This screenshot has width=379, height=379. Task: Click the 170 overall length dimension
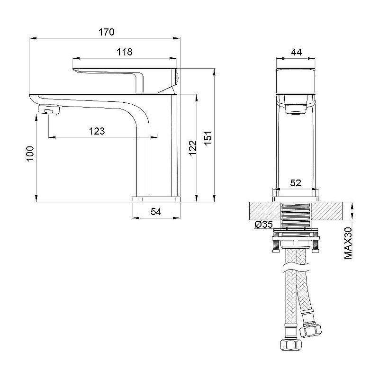click(107, 32)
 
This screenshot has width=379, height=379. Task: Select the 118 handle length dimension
click(124, 52)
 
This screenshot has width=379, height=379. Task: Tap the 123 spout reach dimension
click(97, 131)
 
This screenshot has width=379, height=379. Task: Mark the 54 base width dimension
click(156, 212)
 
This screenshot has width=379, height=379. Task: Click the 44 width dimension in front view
click(297, 53)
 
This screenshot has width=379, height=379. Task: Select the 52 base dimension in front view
click(296, 183)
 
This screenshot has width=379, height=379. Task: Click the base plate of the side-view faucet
click(156, 198)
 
